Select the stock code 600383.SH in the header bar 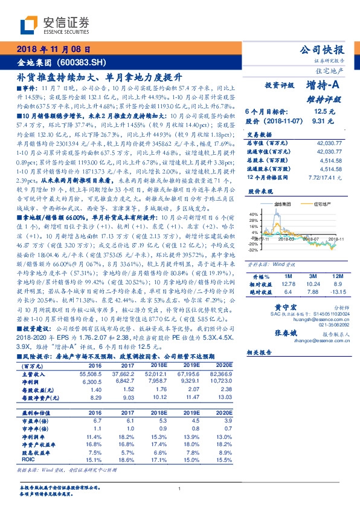[86, 62]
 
